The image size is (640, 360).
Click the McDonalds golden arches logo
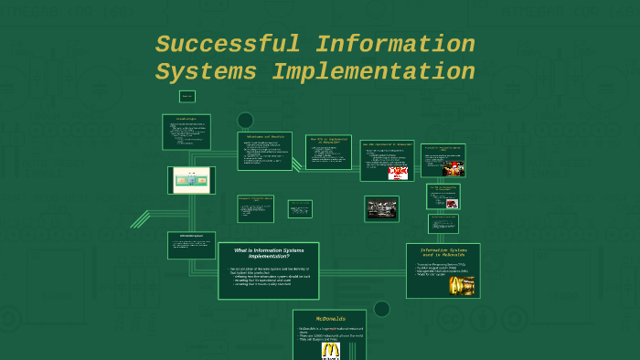(x=330, y=351)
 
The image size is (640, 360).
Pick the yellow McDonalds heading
(x=330, y=318)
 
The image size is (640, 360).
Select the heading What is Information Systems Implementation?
(x=269, y=253)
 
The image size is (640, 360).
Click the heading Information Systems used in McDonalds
(x=443, y=252)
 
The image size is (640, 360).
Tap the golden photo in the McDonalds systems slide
(x=462, y=286)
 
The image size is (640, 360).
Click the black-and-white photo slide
(x=381, y=209)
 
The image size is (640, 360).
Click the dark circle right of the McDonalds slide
(x=382, y=309)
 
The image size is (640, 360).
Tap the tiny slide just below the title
(x=187, y=96)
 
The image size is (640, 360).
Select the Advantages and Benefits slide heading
(x=264, y=137)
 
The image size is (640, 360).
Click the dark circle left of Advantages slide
(x=245, y=120)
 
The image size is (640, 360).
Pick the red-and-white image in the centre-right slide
(x=398, y=173)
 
